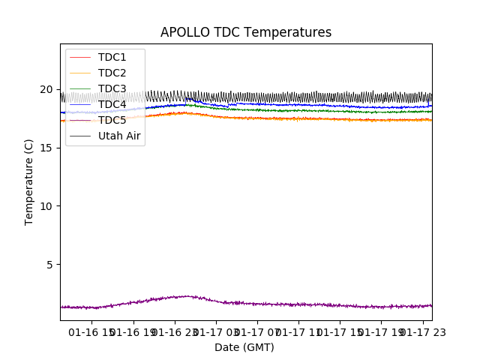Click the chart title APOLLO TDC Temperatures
(245, 32)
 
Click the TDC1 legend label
(112, 57)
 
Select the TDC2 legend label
(112, 73)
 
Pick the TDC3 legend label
(112, 88)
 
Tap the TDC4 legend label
(112, 104)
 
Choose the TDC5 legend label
(112, 120)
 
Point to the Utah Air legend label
(119, 136)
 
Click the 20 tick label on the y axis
(46, 89)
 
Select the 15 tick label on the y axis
(46, 148)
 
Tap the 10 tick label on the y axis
(46, 206)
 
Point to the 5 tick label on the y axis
(49, 265)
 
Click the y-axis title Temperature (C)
(29, 181)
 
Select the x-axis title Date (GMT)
(244, 347)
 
